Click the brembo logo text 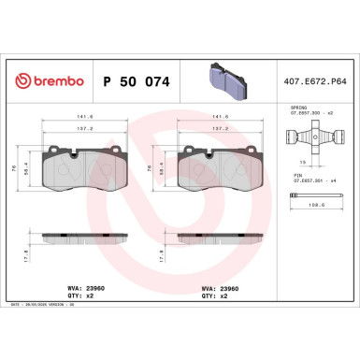tap(47, 81)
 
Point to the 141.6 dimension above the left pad tap(83, 117)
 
